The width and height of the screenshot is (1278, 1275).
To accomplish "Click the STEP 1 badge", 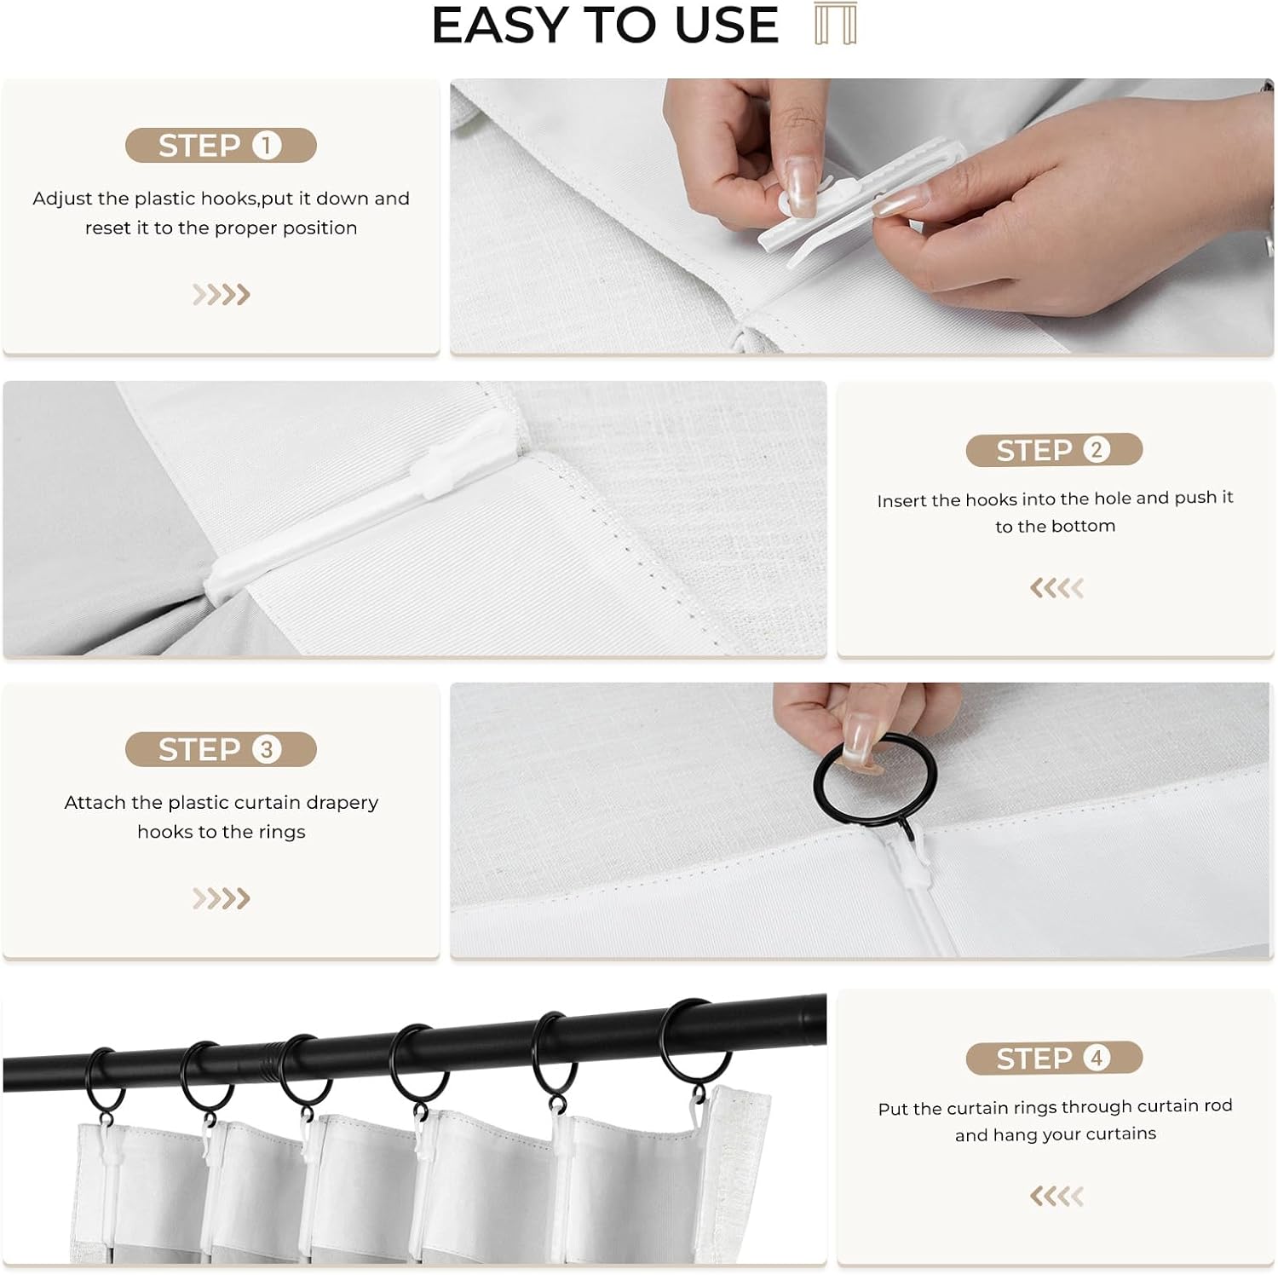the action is coord(221,146).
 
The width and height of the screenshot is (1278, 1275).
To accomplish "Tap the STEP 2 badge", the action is coord(1054,450).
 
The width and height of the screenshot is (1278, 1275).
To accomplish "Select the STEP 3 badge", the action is coord(221,749).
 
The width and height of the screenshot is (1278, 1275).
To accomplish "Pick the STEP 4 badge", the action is coord(1054,1059).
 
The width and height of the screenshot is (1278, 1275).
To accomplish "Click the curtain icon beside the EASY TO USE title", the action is coord(835,24).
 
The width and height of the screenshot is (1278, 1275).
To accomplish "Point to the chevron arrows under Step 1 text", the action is coord(221,295).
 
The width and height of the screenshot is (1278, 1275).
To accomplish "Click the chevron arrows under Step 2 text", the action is coord(1056,588).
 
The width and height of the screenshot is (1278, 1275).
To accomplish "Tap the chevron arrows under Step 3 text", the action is coord(221,898).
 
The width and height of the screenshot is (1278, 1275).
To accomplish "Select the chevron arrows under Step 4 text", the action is coord(1056,1197).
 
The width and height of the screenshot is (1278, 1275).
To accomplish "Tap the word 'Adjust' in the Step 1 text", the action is coord(62,199).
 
